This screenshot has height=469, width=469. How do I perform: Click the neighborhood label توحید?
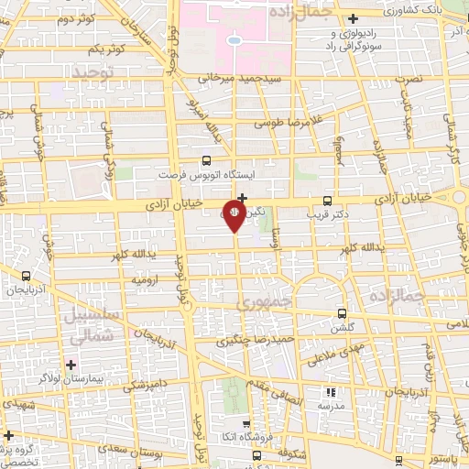92,71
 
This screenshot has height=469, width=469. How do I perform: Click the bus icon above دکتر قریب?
329,202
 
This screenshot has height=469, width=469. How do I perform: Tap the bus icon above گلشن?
342,312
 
